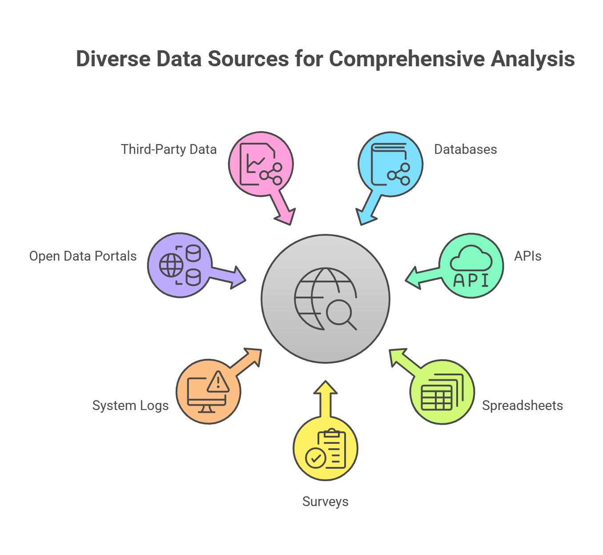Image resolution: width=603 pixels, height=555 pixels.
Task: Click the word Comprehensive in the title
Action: coord(406,59)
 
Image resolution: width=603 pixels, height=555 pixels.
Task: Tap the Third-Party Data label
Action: coord(169,149)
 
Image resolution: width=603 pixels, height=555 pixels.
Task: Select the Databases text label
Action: coord(465,149)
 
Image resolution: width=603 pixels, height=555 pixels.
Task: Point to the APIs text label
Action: coord(527,256)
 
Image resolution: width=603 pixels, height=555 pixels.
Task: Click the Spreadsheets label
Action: coord(522,406)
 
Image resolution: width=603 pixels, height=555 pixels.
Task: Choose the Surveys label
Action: coord(325,502)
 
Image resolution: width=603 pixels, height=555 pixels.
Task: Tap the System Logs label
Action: coord(130,406)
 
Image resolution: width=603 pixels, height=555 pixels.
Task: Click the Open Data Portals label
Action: coord(83,256)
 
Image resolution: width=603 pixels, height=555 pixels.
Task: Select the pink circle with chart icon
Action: coord(261,164)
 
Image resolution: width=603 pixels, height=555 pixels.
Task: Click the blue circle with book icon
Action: coord(390,164)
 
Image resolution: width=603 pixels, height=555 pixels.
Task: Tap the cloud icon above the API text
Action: coord(471,258)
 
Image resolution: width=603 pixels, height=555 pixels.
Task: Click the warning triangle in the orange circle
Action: coord(218,382)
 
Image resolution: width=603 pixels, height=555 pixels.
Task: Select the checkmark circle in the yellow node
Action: coord(316,458)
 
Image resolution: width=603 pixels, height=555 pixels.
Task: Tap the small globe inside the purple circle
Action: coord(171,265)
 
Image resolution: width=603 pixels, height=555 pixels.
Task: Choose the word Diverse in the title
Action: coord(113,59)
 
